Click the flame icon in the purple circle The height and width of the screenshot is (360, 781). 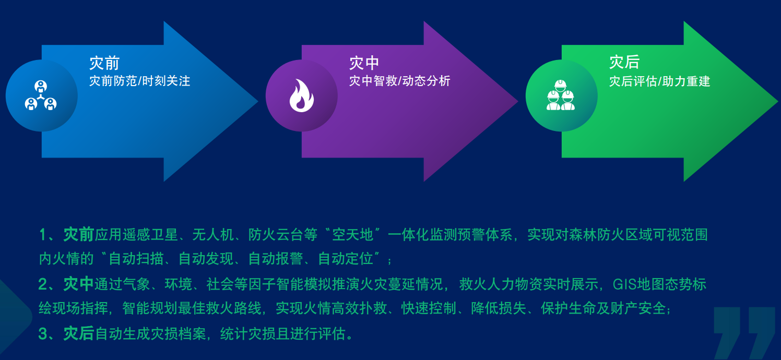pyautogui.click(x=302, y=95)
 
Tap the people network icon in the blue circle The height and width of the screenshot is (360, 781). pyautogui.click(x=41, y=95)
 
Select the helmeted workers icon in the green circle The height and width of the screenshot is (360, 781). pyautogui.click(x=560, y=95)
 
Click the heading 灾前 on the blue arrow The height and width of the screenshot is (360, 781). pyautogui.click(x=104, y=63)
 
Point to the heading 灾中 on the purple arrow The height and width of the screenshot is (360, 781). pyautogui.click(x=364, y=63)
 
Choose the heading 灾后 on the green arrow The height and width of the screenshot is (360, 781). pyautogui.click(x=624, y=63)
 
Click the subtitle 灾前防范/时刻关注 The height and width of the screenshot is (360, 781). pyautogui.click(x=139, y=81)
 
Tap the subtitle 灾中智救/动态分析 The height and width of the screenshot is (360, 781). pyautogui.click(x=399, y=81)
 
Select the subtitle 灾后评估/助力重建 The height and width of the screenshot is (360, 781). pyautogui.click(x=659, y=81)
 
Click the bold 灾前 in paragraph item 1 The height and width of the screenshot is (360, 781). pyautogui.click(x=79, y=235)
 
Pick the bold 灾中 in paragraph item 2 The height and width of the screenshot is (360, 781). pyautogui.click(x=78, y=284)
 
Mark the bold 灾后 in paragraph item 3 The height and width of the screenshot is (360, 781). pyautogui.click(x=79, y=333)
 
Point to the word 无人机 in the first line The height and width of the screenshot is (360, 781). pyautogui.click(x=213, y=235)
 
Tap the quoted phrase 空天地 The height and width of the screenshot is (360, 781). pyautogui.click(x=352, y=235)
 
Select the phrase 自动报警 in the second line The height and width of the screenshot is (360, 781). pyautogui.click(x=276, y=259)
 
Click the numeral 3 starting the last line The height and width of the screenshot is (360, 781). pyautogui.click(x=42, y=334)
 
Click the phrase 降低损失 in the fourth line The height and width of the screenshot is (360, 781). pyautogui.click(x=499, y=308)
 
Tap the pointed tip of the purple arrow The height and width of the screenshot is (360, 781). pyautogui.click(x=518, y=101)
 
